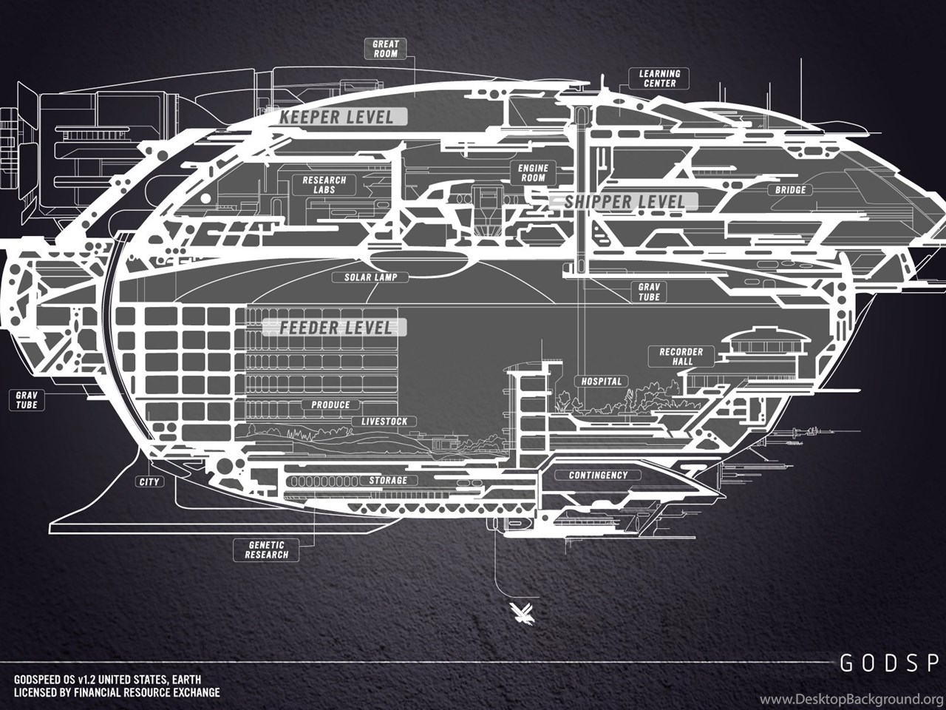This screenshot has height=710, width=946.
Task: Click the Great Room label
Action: (x=385, y=49)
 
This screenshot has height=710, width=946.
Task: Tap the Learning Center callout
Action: (x=659, y=78)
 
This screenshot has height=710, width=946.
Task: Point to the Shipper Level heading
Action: (x=624, y=202)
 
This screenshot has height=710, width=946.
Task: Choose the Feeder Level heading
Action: (x=336, y=328)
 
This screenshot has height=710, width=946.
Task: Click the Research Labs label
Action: (x=324, y=184)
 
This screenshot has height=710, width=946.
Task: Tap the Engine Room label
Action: (x=533, y=173)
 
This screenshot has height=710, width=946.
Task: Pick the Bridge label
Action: (x=790, y=189)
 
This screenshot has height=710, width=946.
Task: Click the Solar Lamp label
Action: (x=371, y=277)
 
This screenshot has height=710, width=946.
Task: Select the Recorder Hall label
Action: (x=681, y=356)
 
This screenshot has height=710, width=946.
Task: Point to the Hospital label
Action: (x=601, y=381)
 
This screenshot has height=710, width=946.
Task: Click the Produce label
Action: (x=330, y=405)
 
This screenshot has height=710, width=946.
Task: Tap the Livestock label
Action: (x=384, y=421)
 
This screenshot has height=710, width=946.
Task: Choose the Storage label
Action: (x=388, y=480)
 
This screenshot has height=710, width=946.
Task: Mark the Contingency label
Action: (x=598, y=475)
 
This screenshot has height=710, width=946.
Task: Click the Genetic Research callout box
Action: (x=266, y=550)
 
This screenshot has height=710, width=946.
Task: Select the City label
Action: (x=149, y=481)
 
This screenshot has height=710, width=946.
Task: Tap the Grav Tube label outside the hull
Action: (x=27, y=400)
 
